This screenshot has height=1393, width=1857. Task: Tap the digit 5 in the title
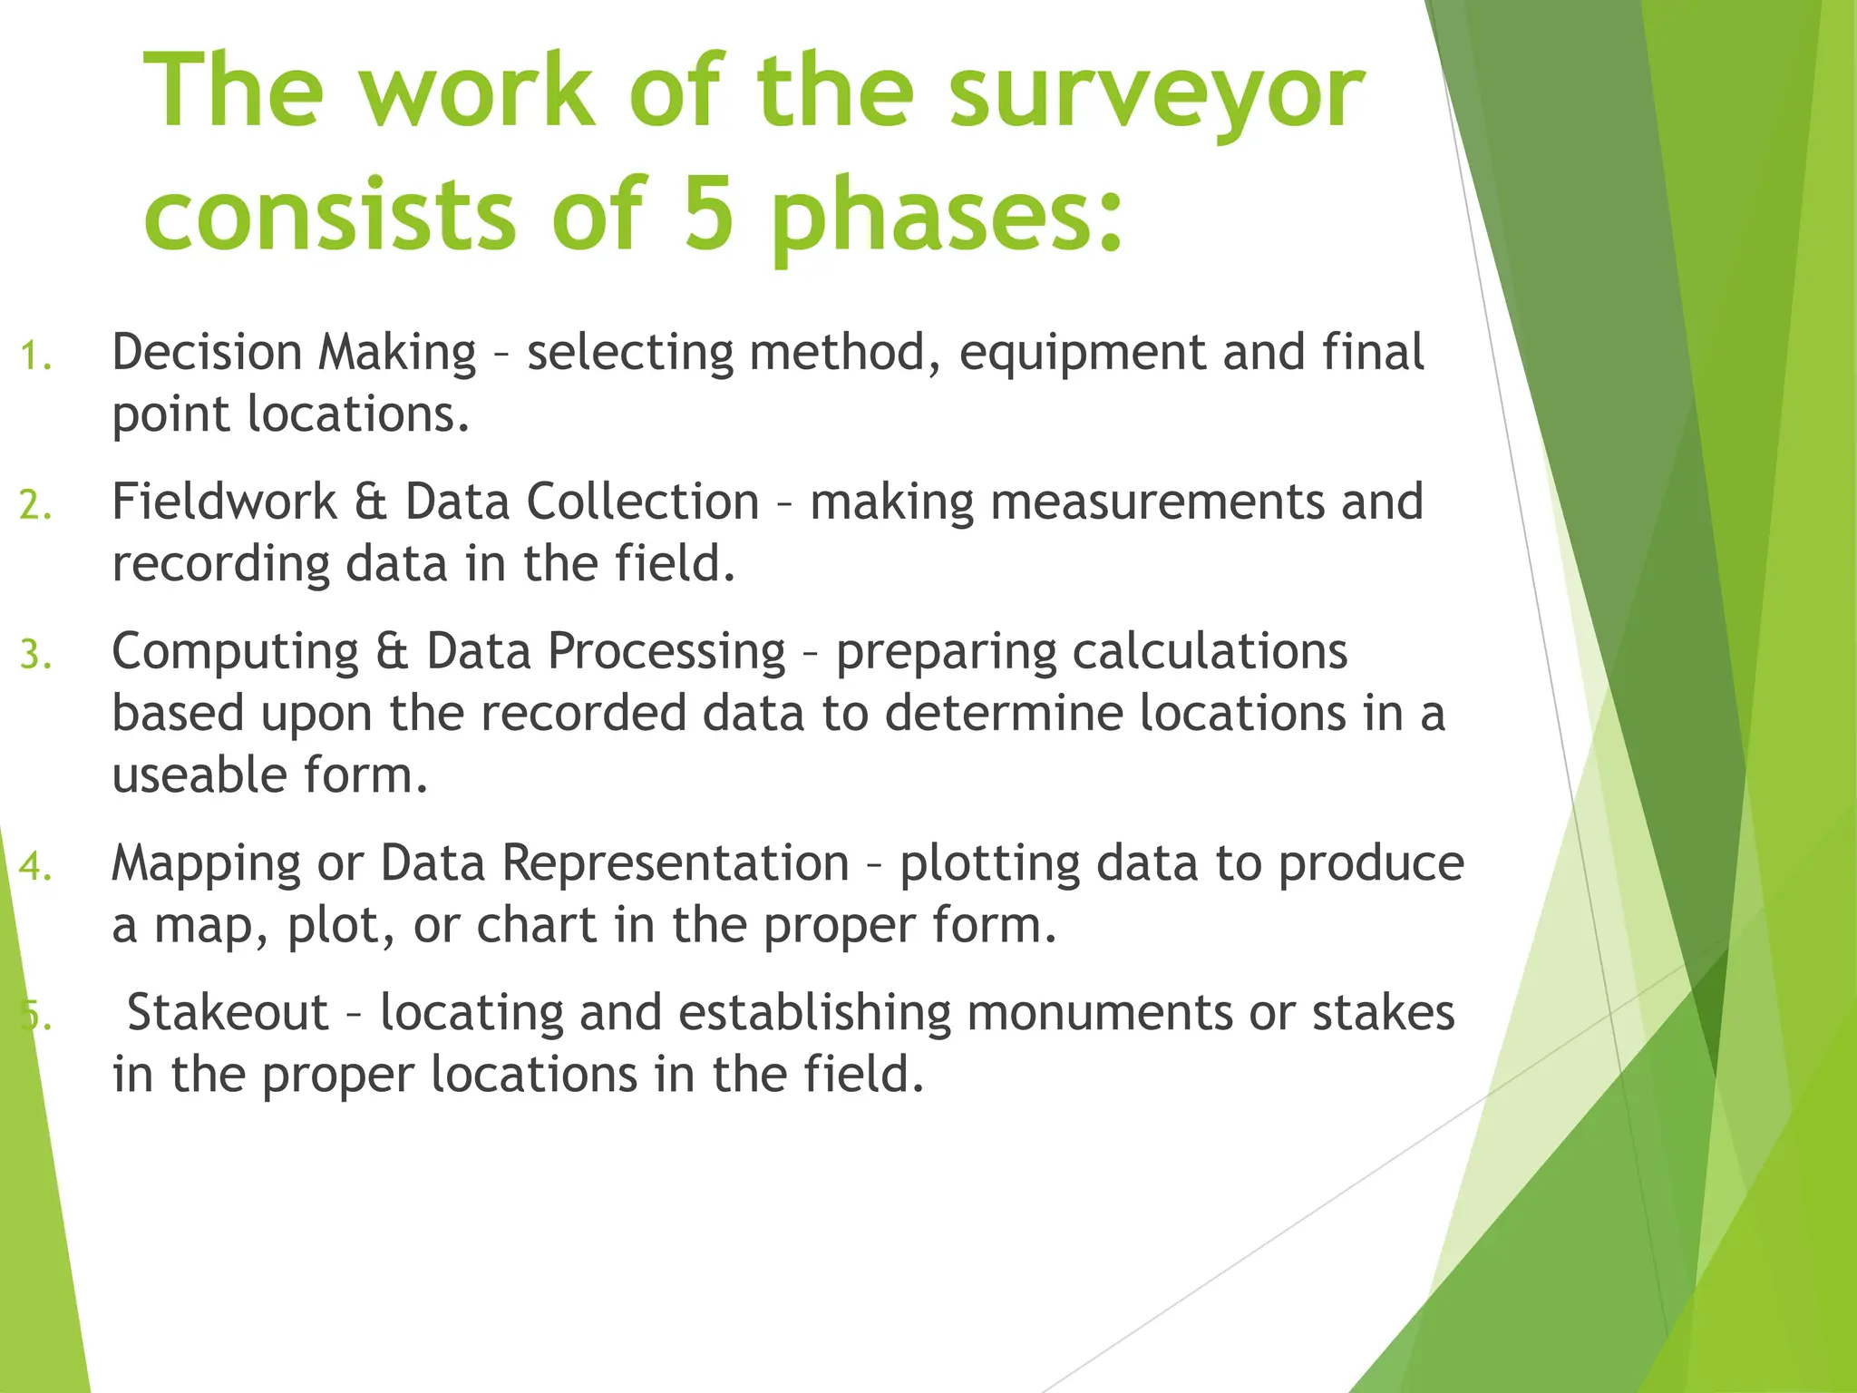[708, 213]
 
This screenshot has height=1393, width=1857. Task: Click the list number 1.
[34, 356]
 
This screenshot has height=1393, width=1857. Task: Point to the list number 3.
[34, 655]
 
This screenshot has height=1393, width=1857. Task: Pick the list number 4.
[34, 867]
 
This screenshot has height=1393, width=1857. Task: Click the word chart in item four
[536, 925]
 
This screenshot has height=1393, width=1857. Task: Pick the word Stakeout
[227, 1012]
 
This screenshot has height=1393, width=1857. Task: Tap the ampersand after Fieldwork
[370, 502]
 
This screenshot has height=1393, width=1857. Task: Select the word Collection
[642, 502]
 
